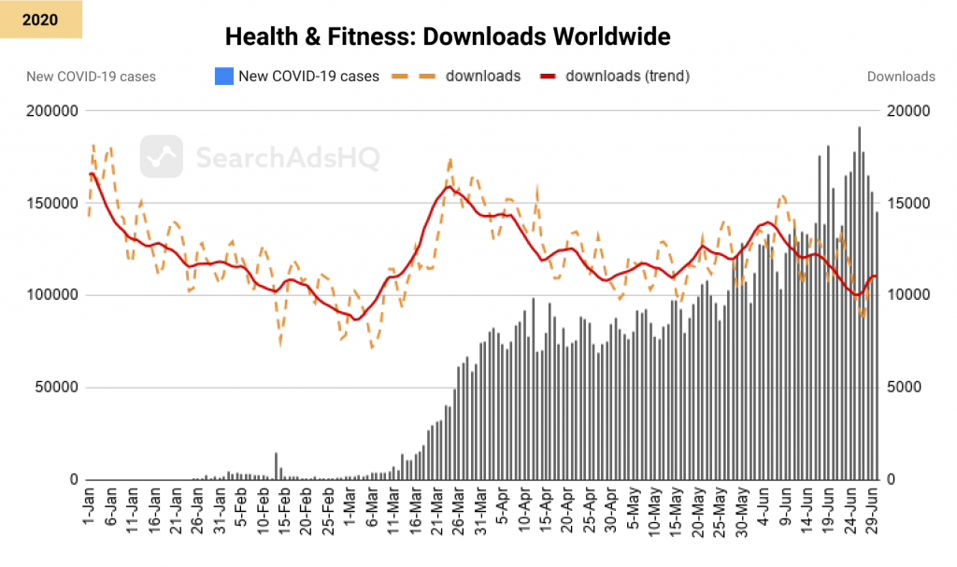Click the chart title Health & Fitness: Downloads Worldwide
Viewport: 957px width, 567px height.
(x=448, y=37)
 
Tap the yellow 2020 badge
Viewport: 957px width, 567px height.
(x=41, y=19)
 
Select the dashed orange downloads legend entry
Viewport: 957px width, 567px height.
(x=458, y=76)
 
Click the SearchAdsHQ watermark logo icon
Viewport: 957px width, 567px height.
(x=161, y=156)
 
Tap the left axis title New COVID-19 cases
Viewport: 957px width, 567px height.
(x=91, y=77)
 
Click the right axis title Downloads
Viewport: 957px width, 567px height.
(x=901, y=77)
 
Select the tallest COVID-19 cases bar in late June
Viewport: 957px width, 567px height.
(x=859, y=304)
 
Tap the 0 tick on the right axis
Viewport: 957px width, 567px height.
(x=891, y=479)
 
